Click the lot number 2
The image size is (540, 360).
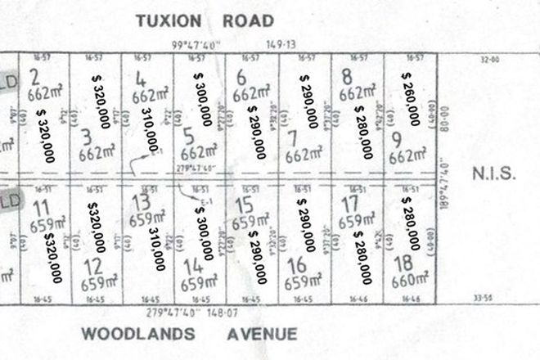coord(34,78)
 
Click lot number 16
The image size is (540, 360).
coord(298,265)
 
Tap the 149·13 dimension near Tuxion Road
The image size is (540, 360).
coord(279,46)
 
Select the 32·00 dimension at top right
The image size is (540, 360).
coord(489,59)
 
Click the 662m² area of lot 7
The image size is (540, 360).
coord(300,152)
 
